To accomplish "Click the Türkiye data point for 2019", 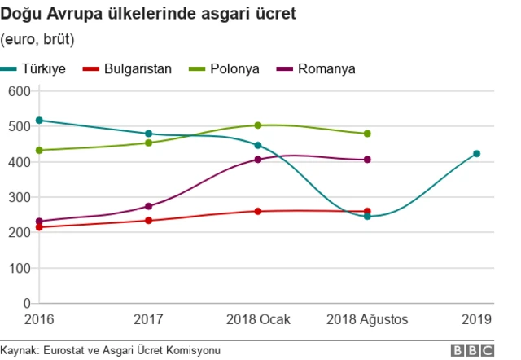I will (x=477, y=154).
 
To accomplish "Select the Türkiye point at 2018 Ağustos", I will (x=367, y=217).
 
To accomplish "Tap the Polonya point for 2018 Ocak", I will (x=258, y=125).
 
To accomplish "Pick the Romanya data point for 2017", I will (x=148, y=206).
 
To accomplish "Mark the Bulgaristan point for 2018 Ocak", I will (x=258, y=211).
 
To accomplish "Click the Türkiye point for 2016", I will (x=39, y=121).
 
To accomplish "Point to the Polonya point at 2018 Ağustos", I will (x=367, y=134).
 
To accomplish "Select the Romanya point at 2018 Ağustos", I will (x=367, y=160).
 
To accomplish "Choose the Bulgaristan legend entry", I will (x=128, y=68).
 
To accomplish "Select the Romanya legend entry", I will (x=317, y=68).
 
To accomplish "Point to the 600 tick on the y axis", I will (x=19, y=90).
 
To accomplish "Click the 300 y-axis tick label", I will (x=19, y=197).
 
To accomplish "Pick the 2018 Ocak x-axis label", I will (x=258, y=318).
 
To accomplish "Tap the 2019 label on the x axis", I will (x=477, y=318).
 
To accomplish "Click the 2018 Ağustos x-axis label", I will (x=367, y=318).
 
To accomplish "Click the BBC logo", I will (x=471, y=349).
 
